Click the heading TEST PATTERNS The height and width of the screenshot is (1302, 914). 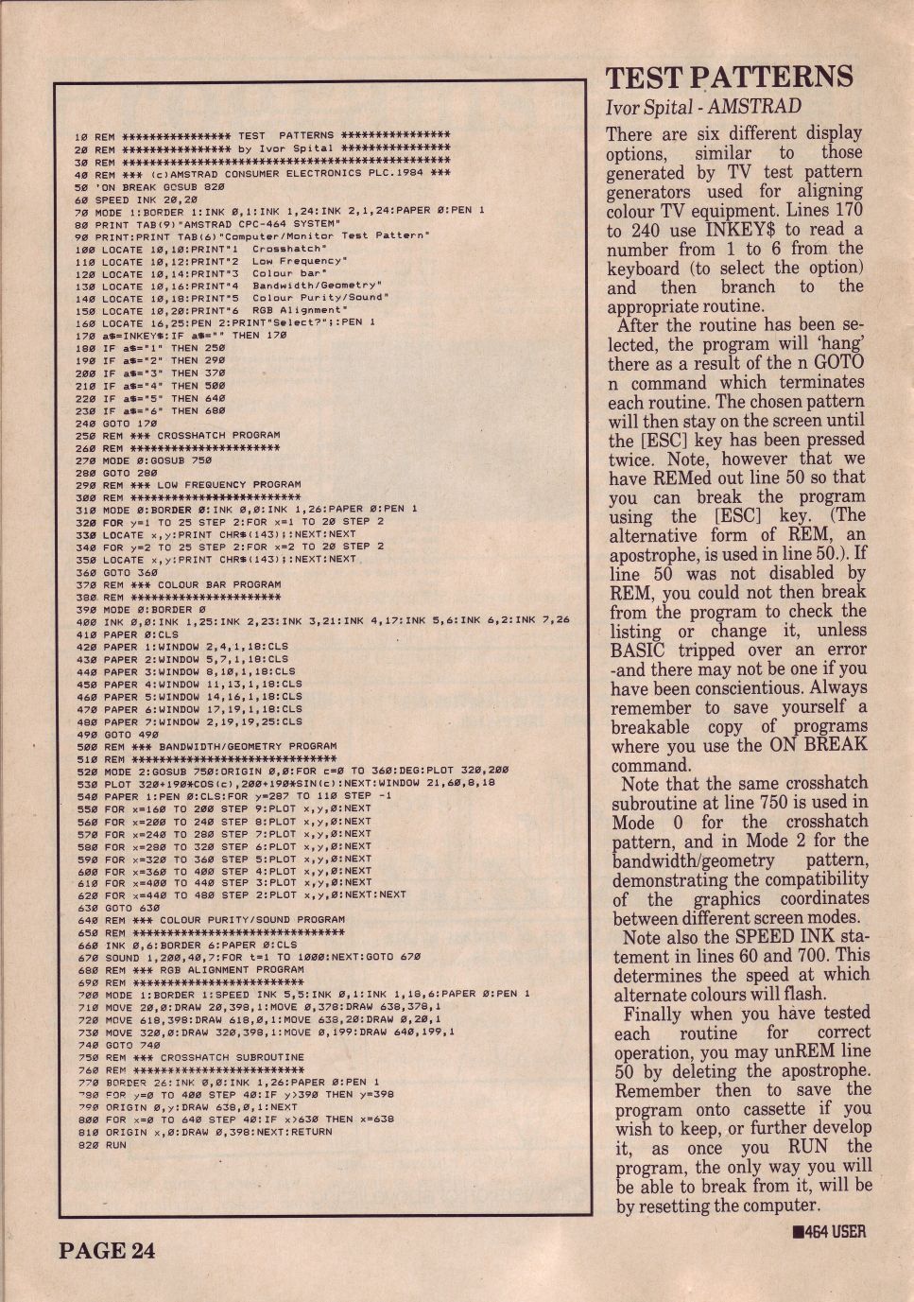tap(729, 78)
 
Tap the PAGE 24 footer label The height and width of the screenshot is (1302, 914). tap(106, 1250)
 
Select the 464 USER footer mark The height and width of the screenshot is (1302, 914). tap(829, 1231)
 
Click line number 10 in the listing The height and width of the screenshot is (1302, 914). tap(80, 136)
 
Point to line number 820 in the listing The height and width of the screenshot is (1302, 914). tap(86, 1144)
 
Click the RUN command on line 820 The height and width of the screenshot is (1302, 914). tap(115, 1144)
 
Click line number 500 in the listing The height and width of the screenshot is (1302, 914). tap(86, 746)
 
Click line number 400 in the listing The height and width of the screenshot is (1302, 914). tap(86, 620)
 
